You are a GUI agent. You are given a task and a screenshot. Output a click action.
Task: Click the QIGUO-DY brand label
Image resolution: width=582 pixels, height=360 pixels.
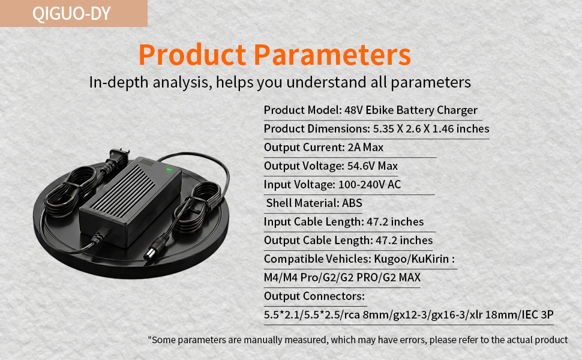[71, 13]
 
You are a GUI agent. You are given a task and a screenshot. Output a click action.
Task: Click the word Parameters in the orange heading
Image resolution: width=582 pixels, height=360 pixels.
[332, 55]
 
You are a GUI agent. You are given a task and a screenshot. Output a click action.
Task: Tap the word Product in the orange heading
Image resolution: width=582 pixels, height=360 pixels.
[192, 55]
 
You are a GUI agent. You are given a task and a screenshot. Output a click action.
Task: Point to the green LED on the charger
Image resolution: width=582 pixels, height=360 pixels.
[169, 170]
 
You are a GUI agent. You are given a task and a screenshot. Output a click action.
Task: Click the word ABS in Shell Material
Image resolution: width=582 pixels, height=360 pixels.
[352, 203]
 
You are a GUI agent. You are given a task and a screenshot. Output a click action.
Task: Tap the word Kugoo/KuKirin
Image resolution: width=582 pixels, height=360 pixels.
[411, 259]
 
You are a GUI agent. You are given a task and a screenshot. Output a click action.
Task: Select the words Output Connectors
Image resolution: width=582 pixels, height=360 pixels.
[314, 296]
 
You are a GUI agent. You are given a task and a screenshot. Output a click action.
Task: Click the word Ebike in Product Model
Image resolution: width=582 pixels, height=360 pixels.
[379, 110]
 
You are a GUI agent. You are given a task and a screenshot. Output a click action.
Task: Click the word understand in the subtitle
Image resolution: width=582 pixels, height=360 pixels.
[326, 82]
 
